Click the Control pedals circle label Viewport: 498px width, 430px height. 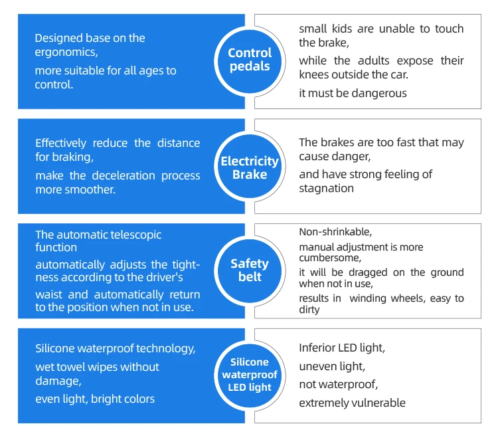[250, 60]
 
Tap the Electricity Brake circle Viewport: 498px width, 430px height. [250, 167]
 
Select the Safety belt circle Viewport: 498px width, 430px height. [250, 270]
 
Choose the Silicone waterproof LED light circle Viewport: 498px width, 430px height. [250, 374]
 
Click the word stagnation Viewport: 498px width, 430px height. [327, 188]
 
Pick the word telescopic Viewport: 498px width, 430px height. [133, 235]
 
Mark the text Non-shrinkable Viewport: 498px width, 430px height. [335, 232]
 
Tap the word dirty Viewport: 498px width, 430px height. [309, 309]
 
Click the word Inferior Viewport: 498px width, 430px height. [317, 348]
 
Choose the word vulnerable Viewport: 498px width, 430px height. [378, 403]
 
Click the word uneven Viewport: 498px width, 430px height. [317, 366]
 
